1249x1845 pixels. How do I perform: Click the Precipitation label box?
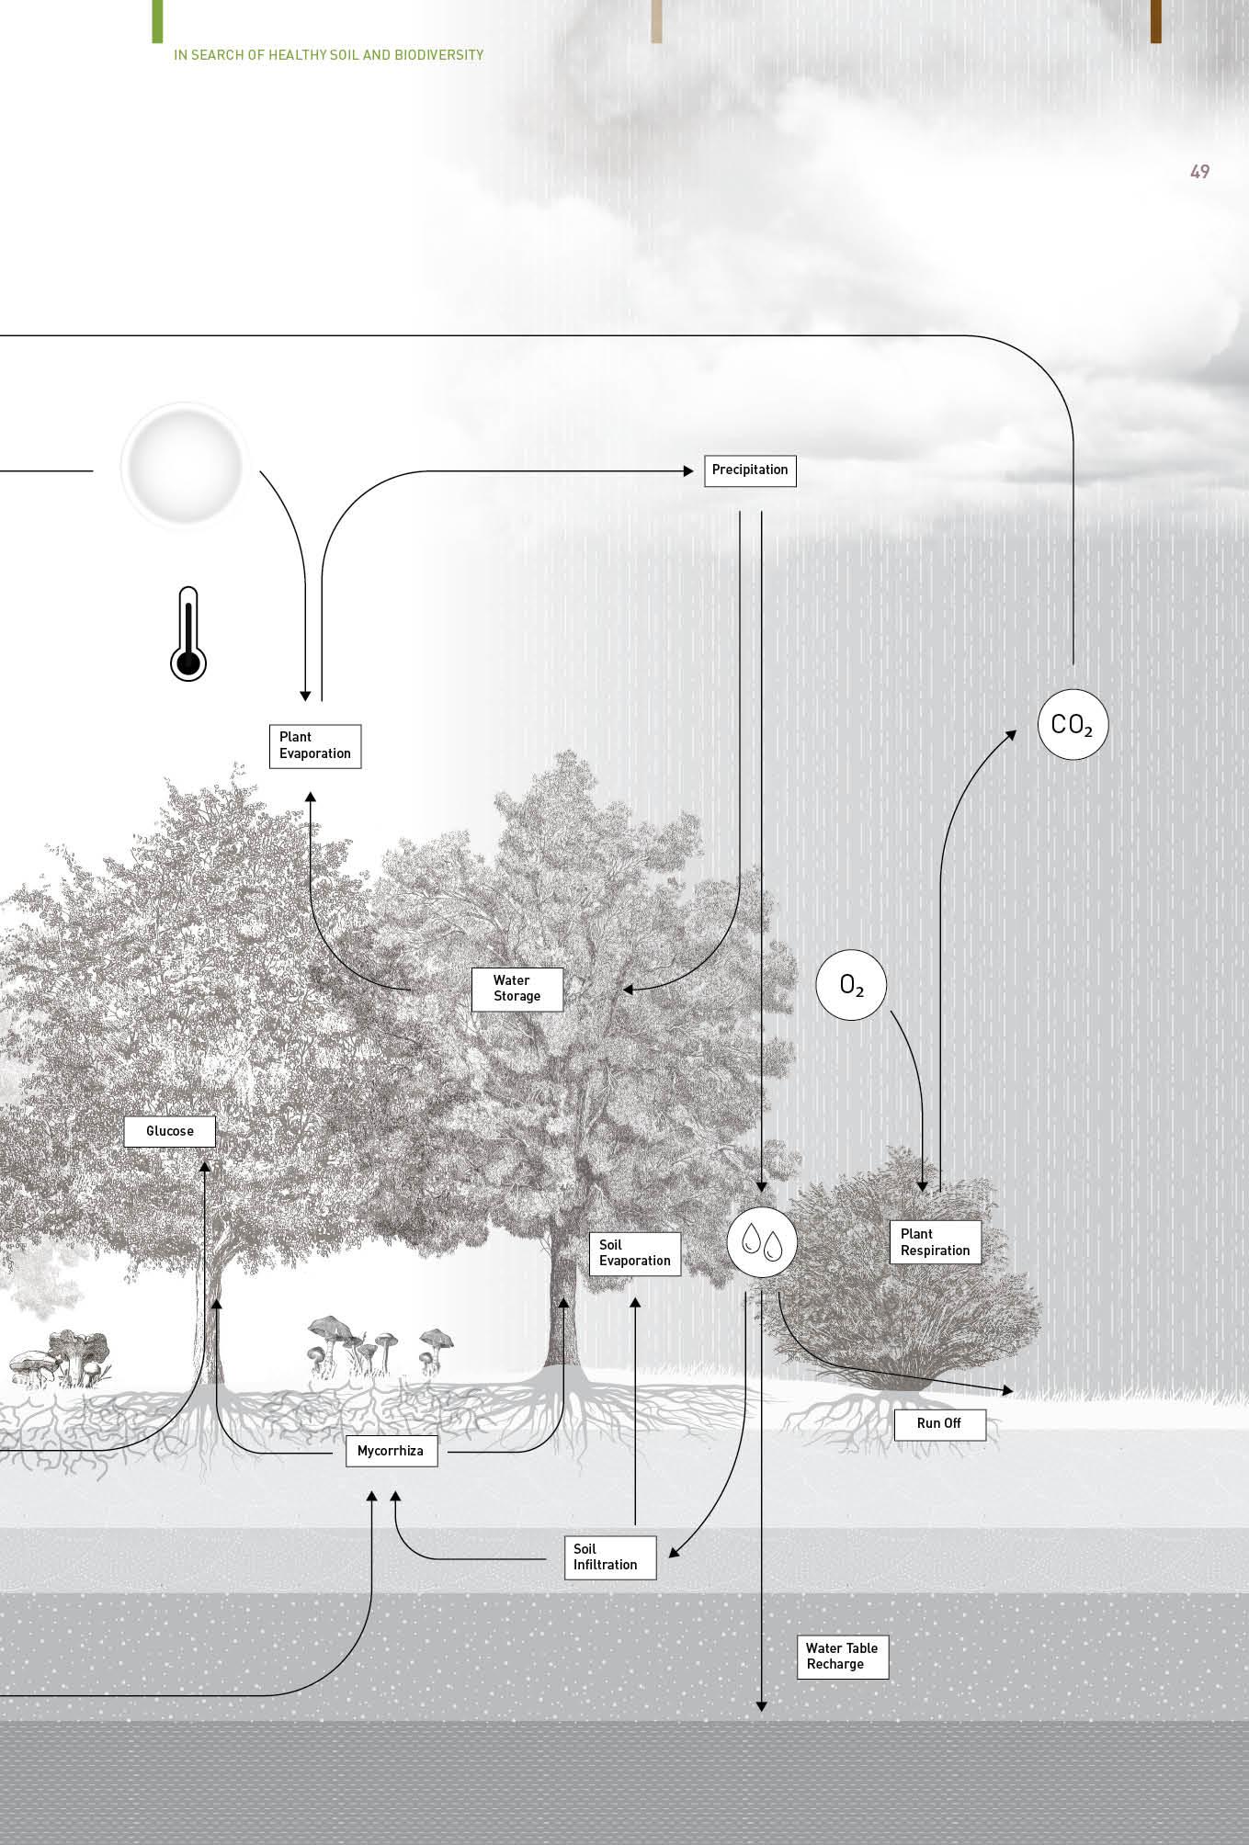750,470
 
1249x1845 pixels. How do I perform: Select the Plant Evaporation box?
314,745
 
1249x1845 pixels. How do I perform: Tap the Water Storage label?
517,989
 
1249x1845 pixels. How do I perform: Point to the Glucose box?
170,1131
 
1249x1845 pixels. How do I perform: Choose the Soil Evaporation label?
634,1253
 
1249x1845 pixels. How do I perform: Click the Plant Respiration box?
935,1242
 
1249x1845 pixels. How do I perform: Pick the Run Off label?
939,1423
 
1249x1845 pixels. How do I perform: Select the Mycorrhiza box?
391,1451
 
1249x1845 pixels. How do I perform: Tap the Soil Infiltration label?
609,1556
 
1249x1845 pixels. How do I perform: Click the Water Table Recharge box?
842,1656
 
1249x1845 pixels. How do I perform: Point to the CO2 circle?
1073,725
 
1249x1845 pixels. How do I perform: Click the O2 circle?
852,986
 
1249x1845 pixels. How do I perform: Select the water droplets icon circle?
762,1242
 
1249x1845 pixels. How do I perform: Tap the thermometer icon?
188,635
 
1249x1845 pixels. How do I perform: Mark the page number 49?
1199,172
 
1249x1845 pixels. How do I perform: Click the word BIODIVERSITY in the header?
438,55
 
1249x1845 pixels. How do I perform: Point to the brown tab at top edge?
1155,21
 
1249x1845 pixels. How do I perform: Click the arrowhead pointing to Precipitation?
688,471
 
